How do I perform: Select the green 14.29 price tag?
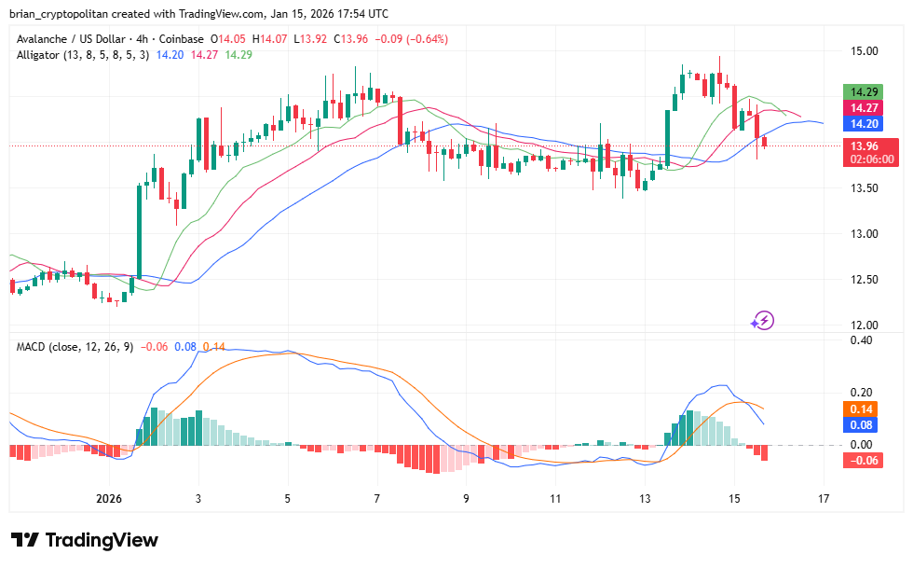pyautogui.click(x=862, y=92)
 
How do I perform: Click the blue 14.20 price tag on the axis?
pyautogui.click(x=862, y=123)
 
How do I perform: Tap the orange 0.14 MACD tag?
pyautogui.click(x=858, y=409)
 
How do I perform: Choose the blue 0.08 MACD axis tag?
pyautogui.click(x=858, y=424)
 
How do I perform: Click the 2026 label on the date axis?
pyautogui.click(x=110, y=500)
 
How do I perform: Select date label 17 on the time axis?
pyautogui.click(x=823, y=500)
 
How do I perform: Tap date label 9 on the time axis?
pyautogui.click(x=466, y=500)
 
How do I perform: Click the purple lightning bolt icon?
pyautogui.click(x=763, y=321)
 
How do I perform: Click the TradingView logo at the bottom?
pyautogui.click(x=85, y=540)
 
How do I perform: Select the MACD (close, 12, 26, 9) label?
pyautogui.click(x=75, y=347)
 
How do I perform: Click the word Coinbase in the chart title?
pyautogui.click(x=182, y=39)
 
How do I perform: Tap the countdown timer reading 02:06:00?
pyautogui.click(x=872, y=159)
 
